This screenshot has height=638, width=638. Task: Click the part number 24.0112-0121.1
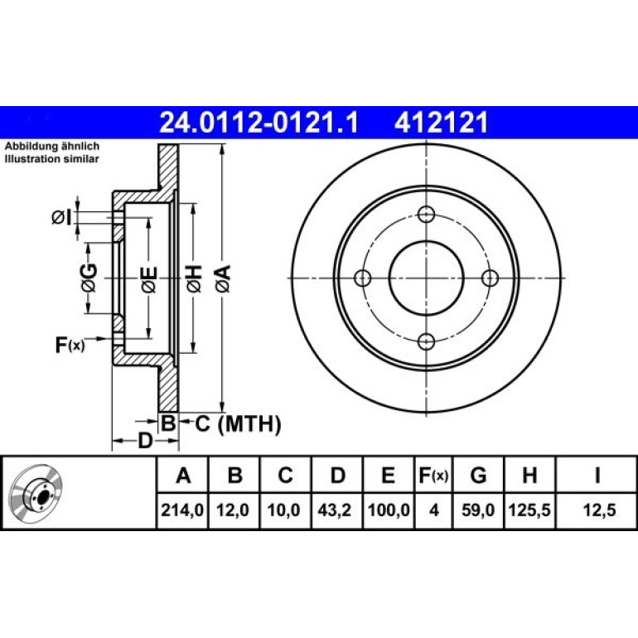259,123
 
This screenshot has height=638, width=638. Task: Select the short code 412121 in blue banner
441,123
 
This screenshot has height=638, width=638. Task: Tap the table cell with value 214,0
182,510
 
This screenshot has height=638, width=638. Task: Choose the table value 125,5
529,510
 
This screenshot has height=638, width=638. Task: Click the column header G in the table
478,475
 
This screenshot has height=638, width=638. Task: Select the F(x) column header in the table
433,475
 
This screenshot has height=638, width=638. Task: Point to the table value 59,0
478,510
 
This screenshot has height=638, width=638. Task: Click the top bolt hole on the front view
426,215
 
